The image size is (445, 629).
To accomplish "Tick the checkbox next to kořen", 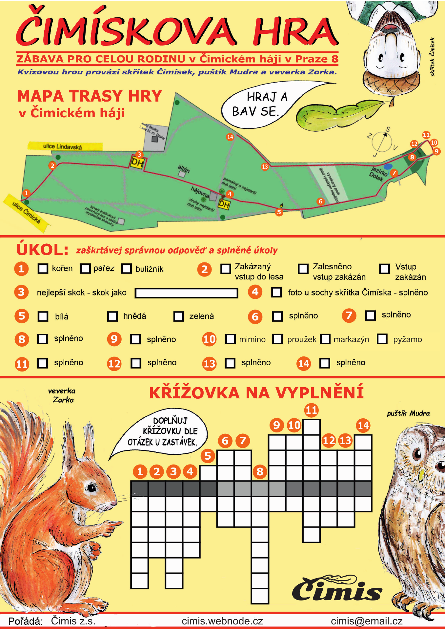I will (43, 268).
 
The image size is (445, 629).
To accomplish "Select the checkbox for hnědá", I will (112, 316).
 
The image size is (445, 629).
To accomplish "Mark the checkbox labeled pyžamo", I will (382, 339).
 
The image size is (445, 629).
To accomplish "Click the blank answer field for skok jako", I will (186, 293).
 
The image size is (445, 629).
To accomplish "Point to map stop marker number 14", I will (230, 137).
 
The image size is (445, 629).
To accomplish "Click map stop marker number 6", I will (320, 201).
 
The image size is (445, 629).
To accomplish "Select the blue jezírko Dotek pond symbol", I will (388, 167).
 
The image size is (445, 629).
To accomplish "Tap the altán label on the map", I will (183, 169).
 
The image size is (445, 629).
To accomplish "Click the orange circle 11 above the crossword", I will (311, 410).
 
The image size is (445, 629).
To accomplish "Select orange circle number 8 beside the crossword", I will (260, 471).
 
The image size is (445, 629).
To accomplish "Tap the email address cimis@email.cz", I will (366, 621).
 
